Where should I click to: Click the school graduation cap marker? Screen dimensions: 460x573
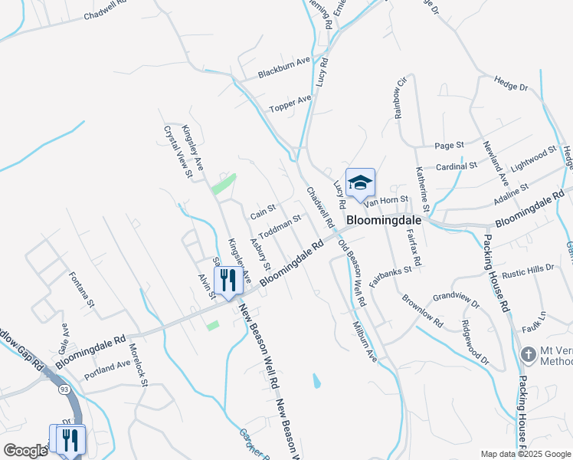tap(360, 183)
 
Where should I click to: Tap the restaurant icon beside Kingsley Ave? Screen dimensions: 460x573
tap(228, 281)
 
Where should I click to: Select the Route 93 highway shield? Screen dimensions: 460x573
tap(60, 390)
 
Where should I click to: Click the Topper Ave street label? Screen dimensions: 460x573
tap(290, 103)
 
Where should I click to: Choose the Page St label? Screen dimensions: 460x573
tap(450, 145)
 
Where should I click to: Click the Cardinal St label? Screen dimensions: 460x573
tap(457, 166)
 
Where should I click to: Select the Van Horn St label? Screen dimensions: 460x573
tap(386, 201)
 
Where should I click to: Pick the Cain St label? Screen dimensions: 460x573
tap(263, 209)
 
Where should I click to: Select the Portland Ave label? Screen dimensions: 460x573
tap(108, 366)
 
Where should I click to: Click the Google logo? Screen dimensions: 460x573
tap(25, 451)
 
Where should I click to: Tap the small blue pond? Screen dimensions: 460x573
tap(316, 380)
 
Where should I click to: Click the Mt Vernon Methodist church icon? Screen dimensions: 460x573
tap(527, 355)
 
